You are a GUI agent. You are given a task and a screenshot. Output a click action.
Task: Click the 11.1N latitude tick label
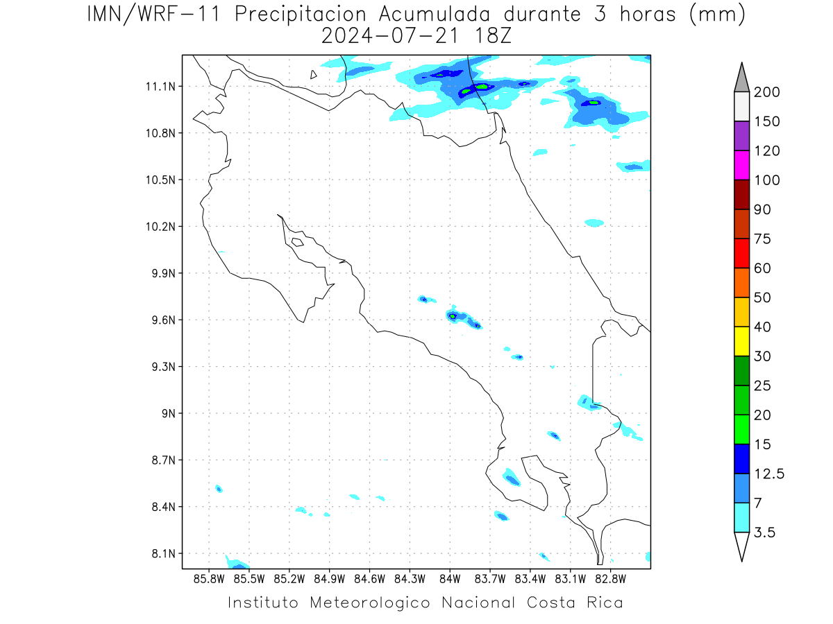tap(160, 87)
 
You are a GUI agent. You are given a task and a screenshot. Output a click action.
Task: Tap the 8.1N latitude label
tap(164, 554)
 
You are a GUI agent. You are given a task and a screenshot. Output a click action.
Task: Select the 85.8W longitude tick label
tap(209, 580)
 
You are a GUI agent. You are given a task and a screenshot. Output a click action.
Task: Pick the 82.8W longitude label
tap(610, 580)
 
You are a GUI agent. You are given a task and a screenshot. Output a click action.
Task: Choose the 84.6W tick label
tap(369, 580)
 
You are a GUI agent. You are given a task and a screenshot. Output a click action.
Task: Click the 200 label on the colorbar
tap(766, 92)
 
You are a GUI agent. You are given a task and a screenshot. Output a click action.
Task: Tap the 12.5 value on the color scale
tap(769, 474)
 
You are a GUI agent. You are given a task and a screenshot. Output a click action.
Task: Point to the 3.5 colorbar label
tap(764, 532)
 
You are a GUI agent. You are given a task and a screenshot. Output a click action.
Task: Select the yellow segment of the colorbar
tap(741, 341)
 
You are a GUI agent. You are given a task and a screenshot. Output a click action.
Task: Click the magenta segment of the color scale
tap(741, 165)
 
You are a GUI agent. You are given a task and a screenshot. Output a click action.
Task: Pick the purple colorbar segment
tap(741, 136)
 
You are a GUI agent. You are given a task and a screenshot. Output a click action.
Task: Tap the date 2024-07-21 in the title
tap(390, 36)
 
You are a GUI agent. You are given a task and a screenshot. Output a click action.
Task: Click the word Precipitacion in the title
tap(301, 15)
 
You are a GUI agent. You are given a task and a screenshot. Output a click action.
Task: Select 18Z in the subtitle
tap(493, 36)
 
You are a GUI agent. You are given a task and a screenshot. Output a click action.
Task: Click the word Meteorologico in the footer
tap(369, 603)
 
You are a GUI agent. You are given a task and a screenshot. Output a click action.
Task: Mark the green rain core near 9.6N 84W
tap(453, 316)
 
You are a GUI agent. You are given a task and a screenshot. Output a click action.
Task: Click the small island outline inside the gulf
tap(298, 242)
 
